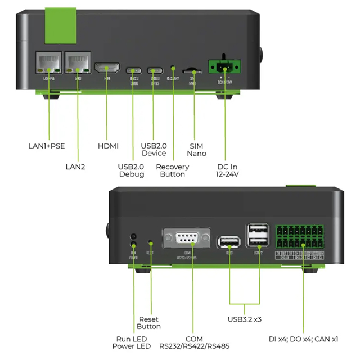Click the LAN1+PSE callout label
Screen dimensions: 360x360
click(47, 146)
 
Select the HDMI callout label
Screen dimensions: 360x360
click(108, 146)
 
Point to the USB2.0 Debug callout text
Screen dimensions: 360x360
click(132, 170)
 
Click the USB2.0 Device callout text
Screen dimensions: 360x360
click(154, 150)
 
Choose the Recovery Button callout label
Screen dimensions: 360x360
click(172, 170)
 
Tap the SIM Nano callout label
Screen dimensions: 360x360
click(197, 150)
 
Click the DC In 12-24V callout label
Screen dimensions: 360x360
click(228, 170)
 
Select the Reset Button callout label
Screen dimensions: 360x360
click(149, 323)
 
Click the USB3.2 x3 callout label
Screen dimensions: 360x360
click(245, 319)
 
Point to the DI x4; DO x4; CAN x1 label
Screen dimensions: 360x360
click(304, 339)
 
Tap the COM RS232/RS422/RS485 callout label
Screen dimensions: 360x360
click(195, 343)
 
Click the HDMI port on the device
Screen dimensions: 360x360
click(107, 68)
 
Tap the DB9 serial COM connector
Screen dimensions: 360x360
click(186, 238)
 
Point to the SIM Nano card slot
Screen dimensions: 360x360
click(192, 71)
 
